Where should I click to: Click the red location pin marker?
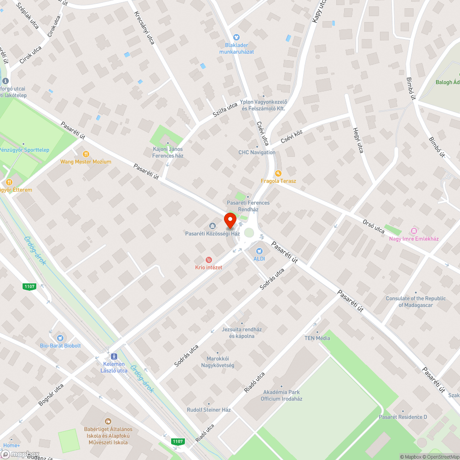pyautogui.click(x=230, y=221)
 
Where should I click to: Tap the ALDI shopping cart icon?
pyautogui.click(x=259, y=251)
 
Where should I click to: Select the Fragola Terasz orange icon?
pyautogui.click(x=278, y=173)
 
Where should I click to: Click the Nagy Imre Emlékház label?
pyautogui.click(x=414, y=239)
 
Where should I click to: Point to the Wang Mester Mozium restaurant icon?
pyautogui.click(x=86, y=154)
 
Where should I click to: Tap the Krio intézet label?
pyautogui.click(x=208, y=267)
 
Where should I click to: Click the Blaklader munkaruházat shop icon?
pyautogui.click(x=236, y=37)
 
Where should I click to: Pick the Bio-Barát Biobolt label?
pyautogui.click(x=60, y=345)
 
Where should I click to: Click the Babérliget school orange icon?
pyautogui.click(x=108, y=421)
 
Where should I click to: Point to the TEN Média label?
pyautogui.click(x=317, y=338)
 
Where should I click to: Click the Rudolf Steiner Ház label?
pyautogui.click(x=208, y=409)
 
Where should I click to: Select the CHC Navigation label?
pyautogui.click(x=257, y=152)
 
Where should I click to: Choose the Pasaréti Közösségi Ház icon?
pyautogui.click(x=213, y=225)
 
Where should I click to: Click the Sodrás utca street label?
pyautogui.click(x=272, y=279)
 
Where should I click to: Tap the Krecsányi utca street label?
pyautogui.click(x=144, y=28)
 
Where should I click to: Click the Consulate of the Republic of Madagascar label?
pyautogui.click(x=416, y=302)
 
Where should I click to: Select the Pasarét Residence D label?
pyautogui.click(x=402, y=417)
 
